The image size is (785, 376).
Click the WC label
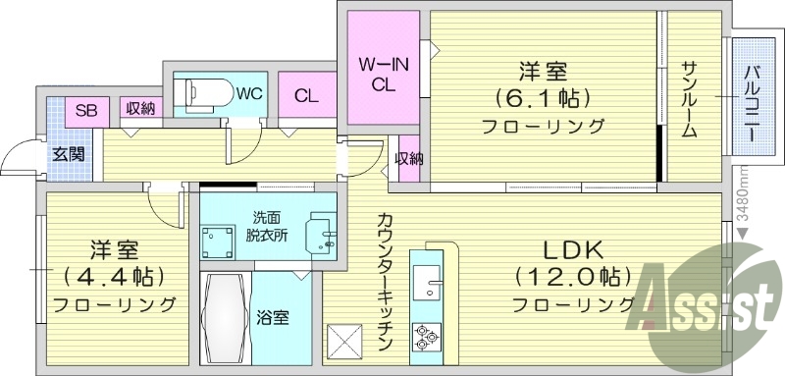(247, 95)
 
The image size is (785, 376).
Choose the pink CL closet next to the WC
(306, 96)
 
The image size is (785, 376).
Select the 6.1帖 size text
(542, 99)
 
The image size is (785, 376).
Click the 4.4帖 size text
(115, 276)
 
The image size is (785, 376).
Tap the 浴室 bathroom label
(273, 318)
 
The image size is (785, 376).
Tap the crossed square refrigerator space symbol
(345, 342)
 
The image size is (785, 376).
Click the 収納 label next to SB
(139, 109)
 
